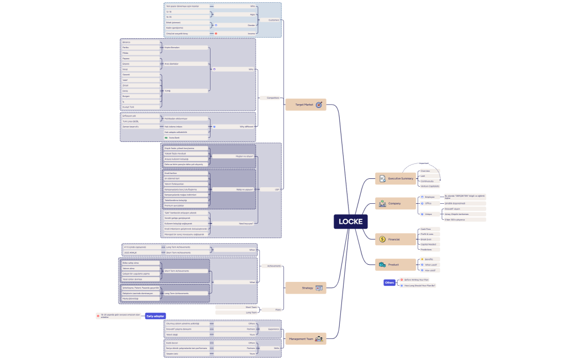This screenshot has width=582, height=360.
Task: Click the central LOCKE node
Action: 350,222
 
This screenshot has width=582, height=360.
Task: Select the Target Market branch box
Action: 305,105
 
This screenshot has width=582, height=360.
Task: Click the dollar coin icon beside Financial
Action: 382,239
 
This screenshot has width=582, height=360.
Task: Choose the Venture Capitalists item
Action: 431,186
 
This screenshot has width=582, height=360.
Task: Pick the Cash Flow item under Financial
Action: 426,229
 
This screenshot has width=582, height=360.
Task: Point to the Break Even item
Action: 427,239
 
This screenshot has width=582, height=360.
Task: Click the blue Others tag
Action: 390,282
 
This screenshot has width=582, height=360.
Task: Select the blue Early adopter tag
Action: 155,316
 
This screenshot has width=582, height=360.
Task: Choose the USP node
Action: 277,189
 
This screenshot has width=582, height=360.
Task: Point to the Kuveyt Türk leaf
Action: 129,106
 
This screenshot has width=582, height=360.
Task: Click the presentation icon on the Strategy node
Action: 319,288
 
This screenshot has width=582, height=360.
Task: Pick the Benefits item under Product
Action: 428,259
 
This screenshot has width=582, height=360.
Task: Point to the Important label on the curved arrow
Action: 423,163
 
